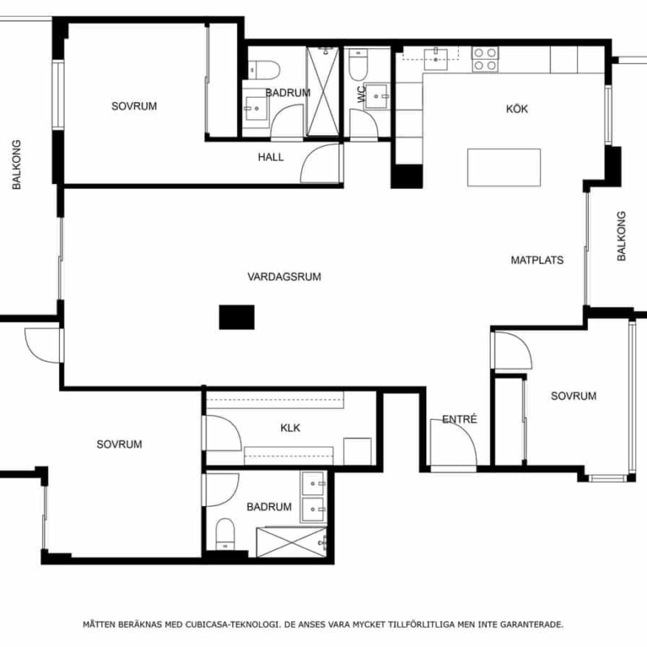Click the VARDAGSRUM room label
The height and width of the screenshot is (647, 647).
coord(285,276)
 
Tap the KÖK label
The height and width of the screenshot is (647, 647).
coord(517,109)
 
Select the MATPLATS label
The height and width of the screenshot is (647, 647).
coord(537,260)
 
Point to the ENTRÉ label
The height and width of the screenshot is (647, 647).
coord(460,419)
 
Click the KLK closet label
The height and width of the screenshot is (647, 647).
coord(290,428)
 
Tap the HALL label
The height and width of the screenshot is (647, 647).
coord(270,157)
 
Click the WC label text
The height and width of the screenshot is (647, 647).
coord(362,94)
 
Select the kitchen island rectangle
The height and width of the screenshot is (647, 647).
coord(503,168)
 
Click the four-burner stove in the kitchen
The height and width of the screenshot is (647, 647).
coord(485,59)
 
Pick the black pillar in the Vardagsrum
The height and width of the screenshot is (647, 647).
coord(236,318)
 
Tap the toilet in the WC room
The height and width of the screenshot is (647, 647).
coord(358,66)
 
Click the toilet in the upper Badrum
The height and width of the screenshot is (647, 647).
coord(265,70)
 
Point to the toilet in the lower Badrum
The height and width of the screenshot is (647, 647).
coord(226,534)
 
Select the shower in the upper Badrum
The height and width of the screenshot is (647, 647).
coord(323,91)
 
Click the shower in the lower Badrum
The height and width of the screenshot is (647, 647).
coord(292,542)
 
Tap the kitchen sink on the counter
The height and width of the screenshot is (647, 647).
coord(435,60)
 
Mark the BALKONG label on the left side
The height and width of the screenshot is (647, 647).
coord(17,164)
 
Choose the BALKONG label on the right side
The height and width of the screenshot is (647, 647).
coord(621,236)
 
